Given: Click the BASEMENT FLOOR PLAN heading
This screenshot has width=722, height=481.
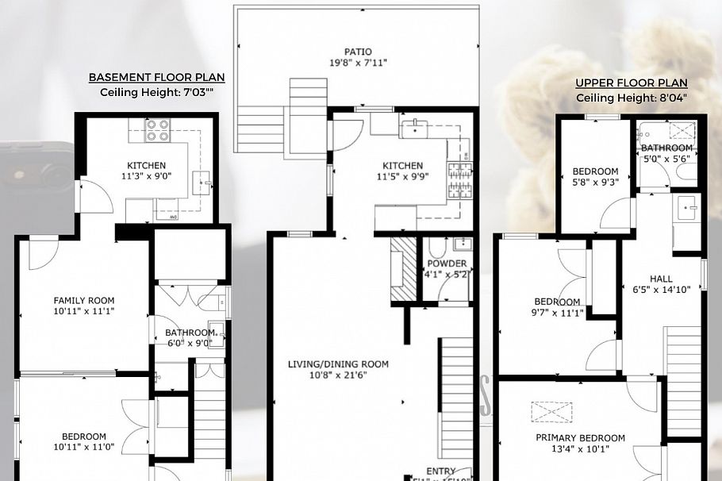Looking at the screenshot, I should pyautogui.click(x=156, y=77).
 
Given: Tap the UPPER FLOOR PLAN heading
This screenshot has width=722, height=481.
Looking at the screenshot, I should pyautogui.click(x=632, y=83).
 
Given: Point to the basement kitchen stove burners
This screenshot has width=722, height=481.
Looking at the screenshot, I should pyautogui.click(x=156, y=130).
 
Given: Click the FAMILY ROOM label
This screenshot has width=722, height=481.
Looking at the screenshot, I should pyautogui.click(x=84, y=300).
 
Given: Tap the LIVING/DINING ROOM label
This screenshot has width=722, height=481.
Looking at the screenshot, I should pyautogui.click(x=338, y=364).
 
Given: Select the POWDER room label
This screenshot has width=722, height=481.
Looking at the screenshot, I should pyautogui.click(x=447, y=264).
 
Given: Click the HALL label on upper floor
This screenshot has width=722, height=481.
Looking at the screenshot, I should pyautogui.click(x=660, y=279).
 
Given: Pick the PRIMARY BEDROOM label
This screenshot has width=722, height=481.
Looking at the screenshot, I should pyautogui.click(x=580, y=438).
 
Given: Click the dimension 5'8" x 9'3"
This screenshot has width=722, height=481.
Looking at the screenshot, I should pyautogui.click(x=595, y=182).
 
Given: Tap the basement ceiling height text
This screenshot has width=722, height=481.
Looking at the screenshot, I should pyautogui.click(x=156, y=92).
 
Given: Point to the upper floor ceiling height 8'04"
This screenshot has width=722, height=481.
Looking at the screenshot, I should pyautogui.click(x=632, y=98).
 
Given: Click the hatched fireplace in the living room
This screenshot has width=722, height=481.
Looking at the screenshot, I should pyautogui.click(x=404, y=271).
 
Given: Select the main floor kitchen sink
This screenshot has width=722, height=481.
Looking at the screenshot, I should pyautogui.click(x=413, y=127).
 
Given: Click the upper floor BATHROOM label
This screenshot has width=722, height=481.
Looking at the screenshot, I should pyautogui.click(x=666, y=148).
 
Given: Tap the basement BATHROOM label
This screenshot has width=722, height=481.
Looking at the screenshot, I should pyautogui.click(x=189, y=333).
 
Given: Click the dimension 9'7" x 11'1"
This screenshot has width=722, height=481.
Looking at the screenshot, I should pyautogui.click(x=556, y=313).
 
